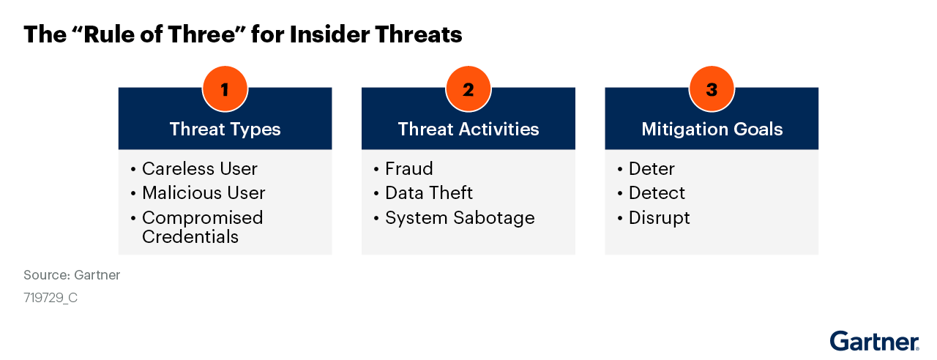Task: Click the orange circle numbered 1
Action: pos(225,89)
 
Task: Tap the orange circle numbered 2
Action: pos(468,89)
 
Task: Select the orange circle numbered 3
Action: pos(712,89)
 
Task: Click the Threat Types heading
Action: pos(225,130)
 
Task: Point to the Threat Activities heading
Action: pos(468,129)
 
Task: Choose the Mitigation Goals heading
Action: pos(712,130)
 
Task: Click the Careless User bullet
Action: pos(200,168)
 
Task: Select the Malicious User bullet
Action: pos(204,192)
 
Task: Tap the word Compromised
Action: pos(203,218)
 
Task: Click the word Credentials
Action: pos(190,236)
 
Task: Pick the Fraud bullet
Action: pos(409,168)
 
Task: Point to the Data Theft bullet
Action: pos(429,192)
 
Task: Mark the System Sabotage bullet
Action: pos(460,218)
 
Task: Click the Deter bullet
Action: pos(652,168)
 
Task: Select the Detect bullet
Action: pos(657,192)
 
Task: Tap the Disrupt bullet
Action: pos(660,218)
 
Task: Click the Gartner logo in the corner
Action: pos(874,341)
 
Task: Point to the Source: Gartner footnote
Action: pos(72,274)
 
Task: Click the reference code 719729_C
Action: pos(51,298)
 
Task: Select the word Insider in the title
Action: pos(329,34)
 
